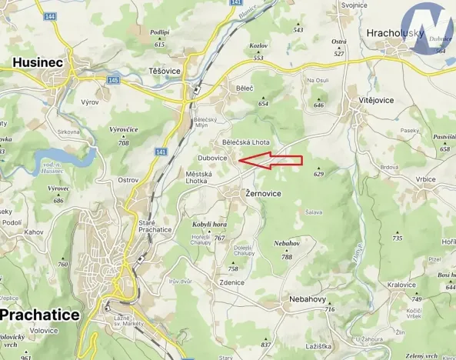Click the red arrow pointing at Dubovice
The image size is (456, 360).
(x=271, y=160)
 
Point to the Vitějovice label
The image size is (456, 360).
(x=374, y=101)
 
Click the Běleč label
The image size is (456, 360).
(x=245, y=89)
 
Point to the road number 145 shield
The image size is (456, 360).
(x=112, y=80)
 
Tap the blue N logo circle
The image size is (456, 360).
(x=431, y=30)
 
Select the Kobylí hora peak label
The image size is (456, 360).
(x=208, y=224)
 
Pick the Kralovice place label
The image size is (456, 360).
(x=401, y=285)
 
